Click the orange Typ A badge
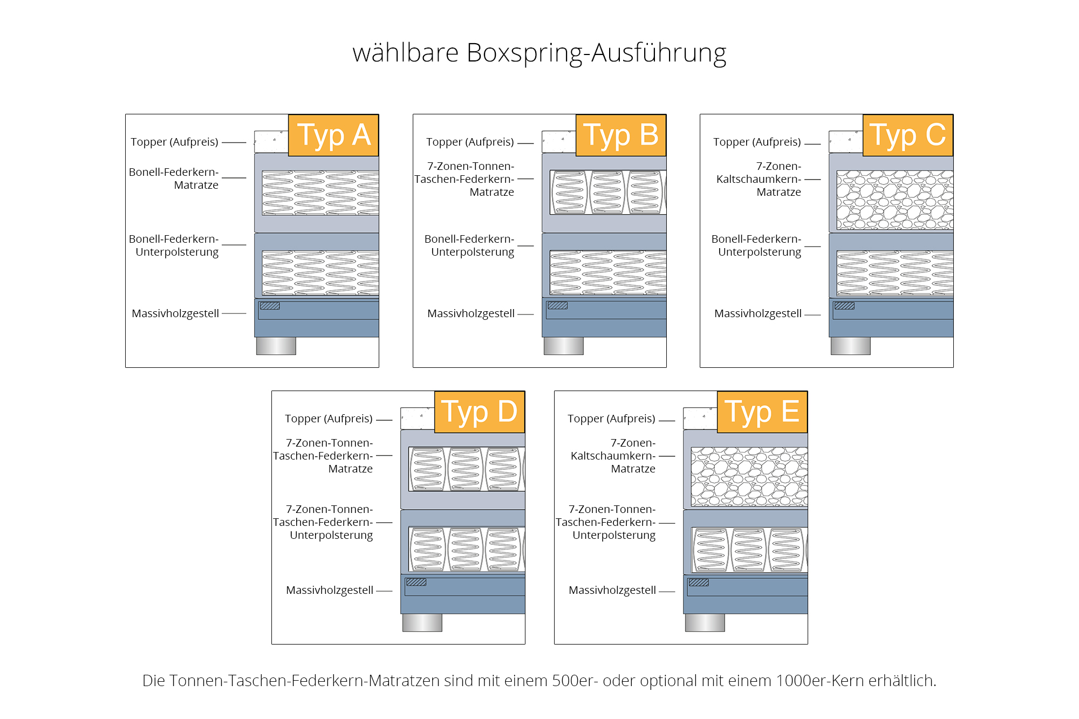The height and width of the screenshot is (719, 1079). click(333, 135)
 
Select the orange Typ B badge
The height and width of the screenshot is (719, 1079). click(621, 135)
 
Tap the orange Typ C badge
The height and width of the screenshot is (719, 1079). click(908, 135)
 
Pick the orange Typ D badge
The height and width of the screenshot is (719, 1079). click(480, 412)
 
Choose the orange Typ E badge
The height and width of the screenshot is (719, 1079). click(762, 412)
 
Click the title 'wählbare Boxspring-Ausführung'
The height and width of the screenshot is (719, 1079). click(539, 53)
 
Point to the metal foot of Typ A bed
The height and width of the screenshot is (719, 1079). click(276, 346)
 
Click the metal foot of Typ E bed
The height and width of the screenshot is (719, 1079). click(705, 622)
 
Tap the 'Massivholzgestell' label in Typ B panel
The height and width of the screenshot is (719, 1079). click(470, 313)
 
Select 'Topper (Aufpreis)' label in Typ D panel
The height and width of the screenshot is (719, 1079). click(329, 419)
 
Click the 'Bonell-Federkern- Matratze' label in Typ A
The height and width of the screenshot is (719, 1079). click(174, 179)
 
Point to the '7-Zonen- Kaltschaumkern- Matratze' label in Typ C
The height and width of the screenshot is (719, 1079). click(759, 179)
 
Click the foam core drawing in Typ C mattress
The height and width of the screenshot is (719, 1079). click(894, 200)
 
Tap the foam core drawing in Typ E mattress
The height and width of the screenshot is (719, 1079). click(749, 476)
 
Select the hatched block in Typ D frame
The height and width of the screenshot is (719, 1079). click(416, 582)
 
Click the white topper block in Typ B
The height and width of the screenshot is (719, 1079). click(558, 142)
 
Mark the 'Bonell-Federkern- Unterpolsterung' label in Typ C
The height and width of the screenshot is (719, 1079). click(756, 245)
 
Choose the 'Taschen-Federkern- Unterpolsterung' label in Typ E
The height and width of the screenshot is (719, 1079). click(606, 522)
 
